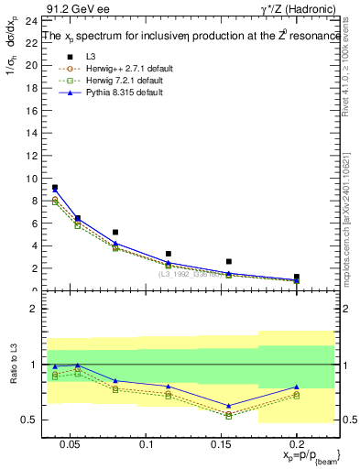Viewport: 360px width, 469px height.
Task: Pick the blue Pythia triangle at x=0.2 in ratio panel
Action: pyautogui.click(x=296, y=387)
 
